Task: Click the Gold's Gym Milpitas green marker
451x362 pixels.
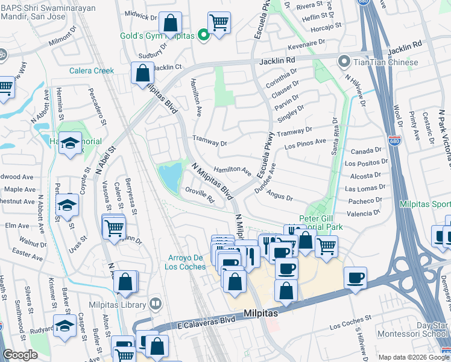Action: point(204,35)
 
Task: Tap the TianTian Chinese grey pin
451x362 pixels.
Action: point(344,62)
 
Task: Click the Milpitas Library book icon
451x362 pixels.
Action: point(156,303)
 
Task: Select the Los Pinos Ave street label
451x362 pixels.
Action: point(304,145)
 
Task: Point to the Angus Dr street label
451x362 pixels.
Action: point(279,197)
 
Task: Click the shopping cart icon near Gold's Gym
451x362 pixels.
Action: point(219,23)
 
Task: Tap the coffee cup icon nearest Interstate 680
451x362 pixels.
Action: point(355,278)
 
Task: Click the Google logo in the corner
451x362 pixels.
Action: point(20,355)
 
